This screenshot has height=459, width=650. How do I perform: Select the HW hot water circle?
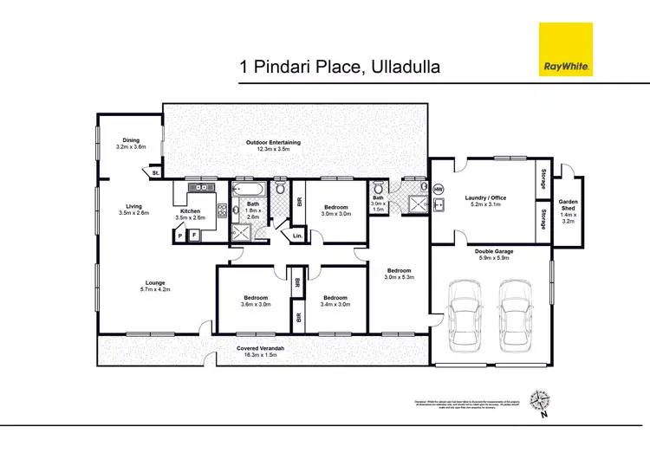438,189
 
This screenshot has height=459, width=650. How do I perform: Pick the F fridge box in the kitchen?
194,235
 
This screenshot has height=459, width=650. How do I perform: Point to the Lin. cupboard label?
297,235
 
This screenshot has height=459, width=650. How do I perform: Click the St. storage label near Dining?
155,174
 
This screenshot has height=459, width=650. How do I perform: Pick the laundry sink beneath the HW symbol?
439,204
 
